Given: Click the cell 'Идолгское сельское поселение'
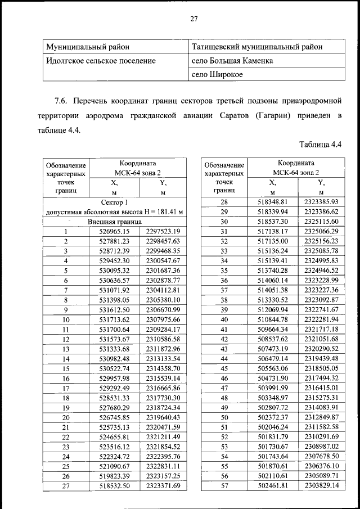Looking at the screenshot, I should [101, 60].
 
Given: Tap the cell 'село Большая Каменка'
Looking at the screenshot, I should [233, 60].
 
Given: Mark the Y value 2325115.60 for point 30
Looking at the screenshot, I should [321, 222].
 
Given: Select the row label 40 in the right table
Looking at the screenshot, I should [224, 319].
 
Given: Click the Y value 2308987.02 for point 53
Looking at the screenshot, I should [321, 446].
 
